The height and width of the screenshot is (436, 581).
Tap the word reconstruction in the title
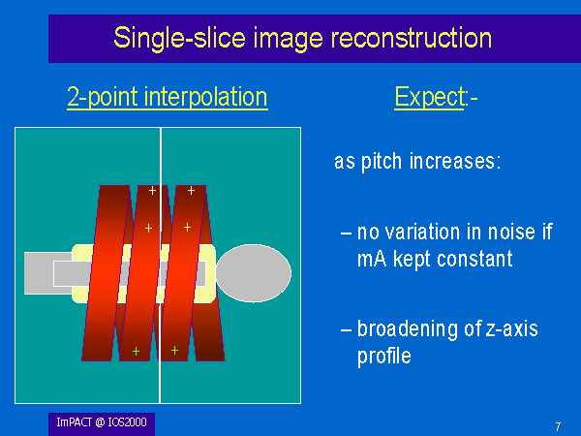click(x=411, y=38)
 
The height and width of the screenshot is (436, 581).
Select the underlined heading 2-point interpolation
click(x=168, y=97)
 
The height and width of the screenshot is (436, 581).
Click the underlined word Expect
click(x=429, y=98)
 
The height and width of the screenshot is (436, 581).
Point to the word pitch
click(x=382, y=162)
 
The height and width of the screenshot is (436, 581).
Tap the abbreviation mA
click(x=372, y=259)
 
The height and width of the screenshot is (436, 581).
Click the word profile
click(x=384, y=357)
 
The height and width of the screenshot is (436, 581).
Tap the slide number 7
click(x=558, y=426)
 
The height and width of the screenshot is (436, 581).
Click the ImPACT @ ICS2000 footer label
click(x=102, y=422)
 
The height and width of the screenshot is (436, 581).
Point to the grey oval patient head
click(x=254, y=273)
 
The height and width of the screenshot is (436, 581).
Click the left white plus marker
click(x=152, y=191)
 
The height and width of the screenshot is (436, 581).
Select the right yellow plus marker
click(x=188, y=227)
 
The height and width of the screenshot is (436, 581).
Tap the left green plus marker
click(x=136, y=351)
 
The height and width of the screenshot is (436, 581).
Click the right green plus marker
click(x=175, y=350)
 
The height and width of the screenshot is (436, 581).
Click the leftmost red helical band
click(x=106, y=273)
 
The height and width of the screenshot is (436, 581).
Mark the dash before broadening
click(x=346, y=329)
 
